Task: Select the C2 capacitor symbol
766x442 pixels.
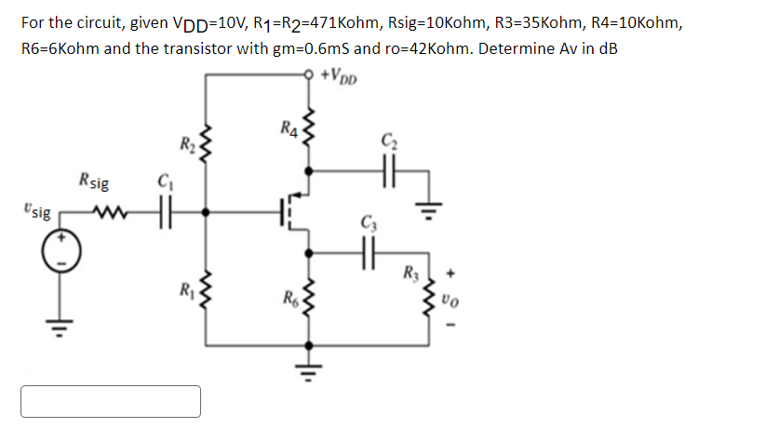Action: point(387,171)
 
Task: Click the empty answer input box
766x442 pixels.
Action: point(111,401)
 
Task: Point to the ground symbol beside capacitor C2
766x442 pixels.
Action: point(429,204)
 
